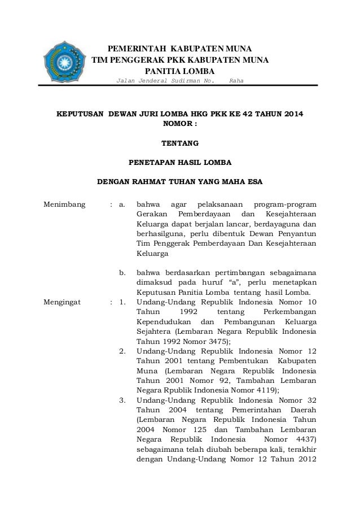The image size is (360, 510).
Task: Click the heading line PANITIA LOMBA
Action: tap(180, 71)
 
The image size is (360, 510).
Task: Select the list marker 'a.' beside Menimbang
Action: tap(125, 204)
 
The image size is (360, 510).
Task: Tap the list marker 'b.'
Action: tap(125, 273)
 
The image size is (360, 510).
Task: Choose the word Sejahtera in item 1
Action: tap(155, 332)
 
